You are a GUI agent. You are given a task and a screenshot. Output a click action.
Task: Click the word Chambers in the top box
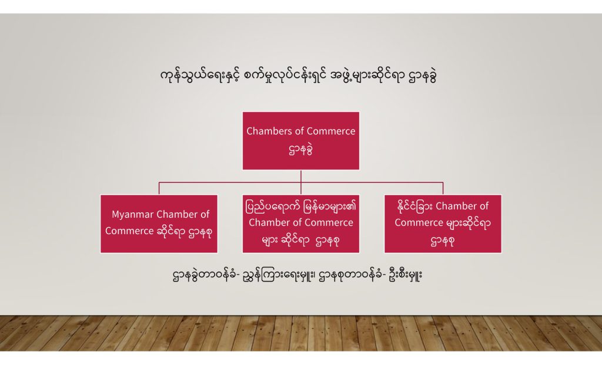point(269,131)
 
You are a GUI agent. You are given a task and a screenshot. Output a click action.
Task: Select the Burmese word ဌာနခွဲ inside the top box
point(300,150)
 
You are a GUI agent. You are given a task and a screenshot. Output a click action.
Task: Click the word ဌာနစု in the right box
point(443,241)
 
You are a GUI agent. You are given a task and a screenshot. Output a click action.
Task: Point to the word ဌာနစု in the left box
point(200,232)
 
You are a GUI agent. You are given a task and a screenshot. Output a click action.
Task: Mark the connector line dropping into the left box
point(159,188)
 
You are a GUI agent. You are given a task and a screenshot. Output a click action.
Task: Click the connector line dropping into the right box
point(443,188)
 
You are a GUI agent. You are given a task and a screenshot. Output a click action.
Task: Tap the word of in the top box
point(299,131)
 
